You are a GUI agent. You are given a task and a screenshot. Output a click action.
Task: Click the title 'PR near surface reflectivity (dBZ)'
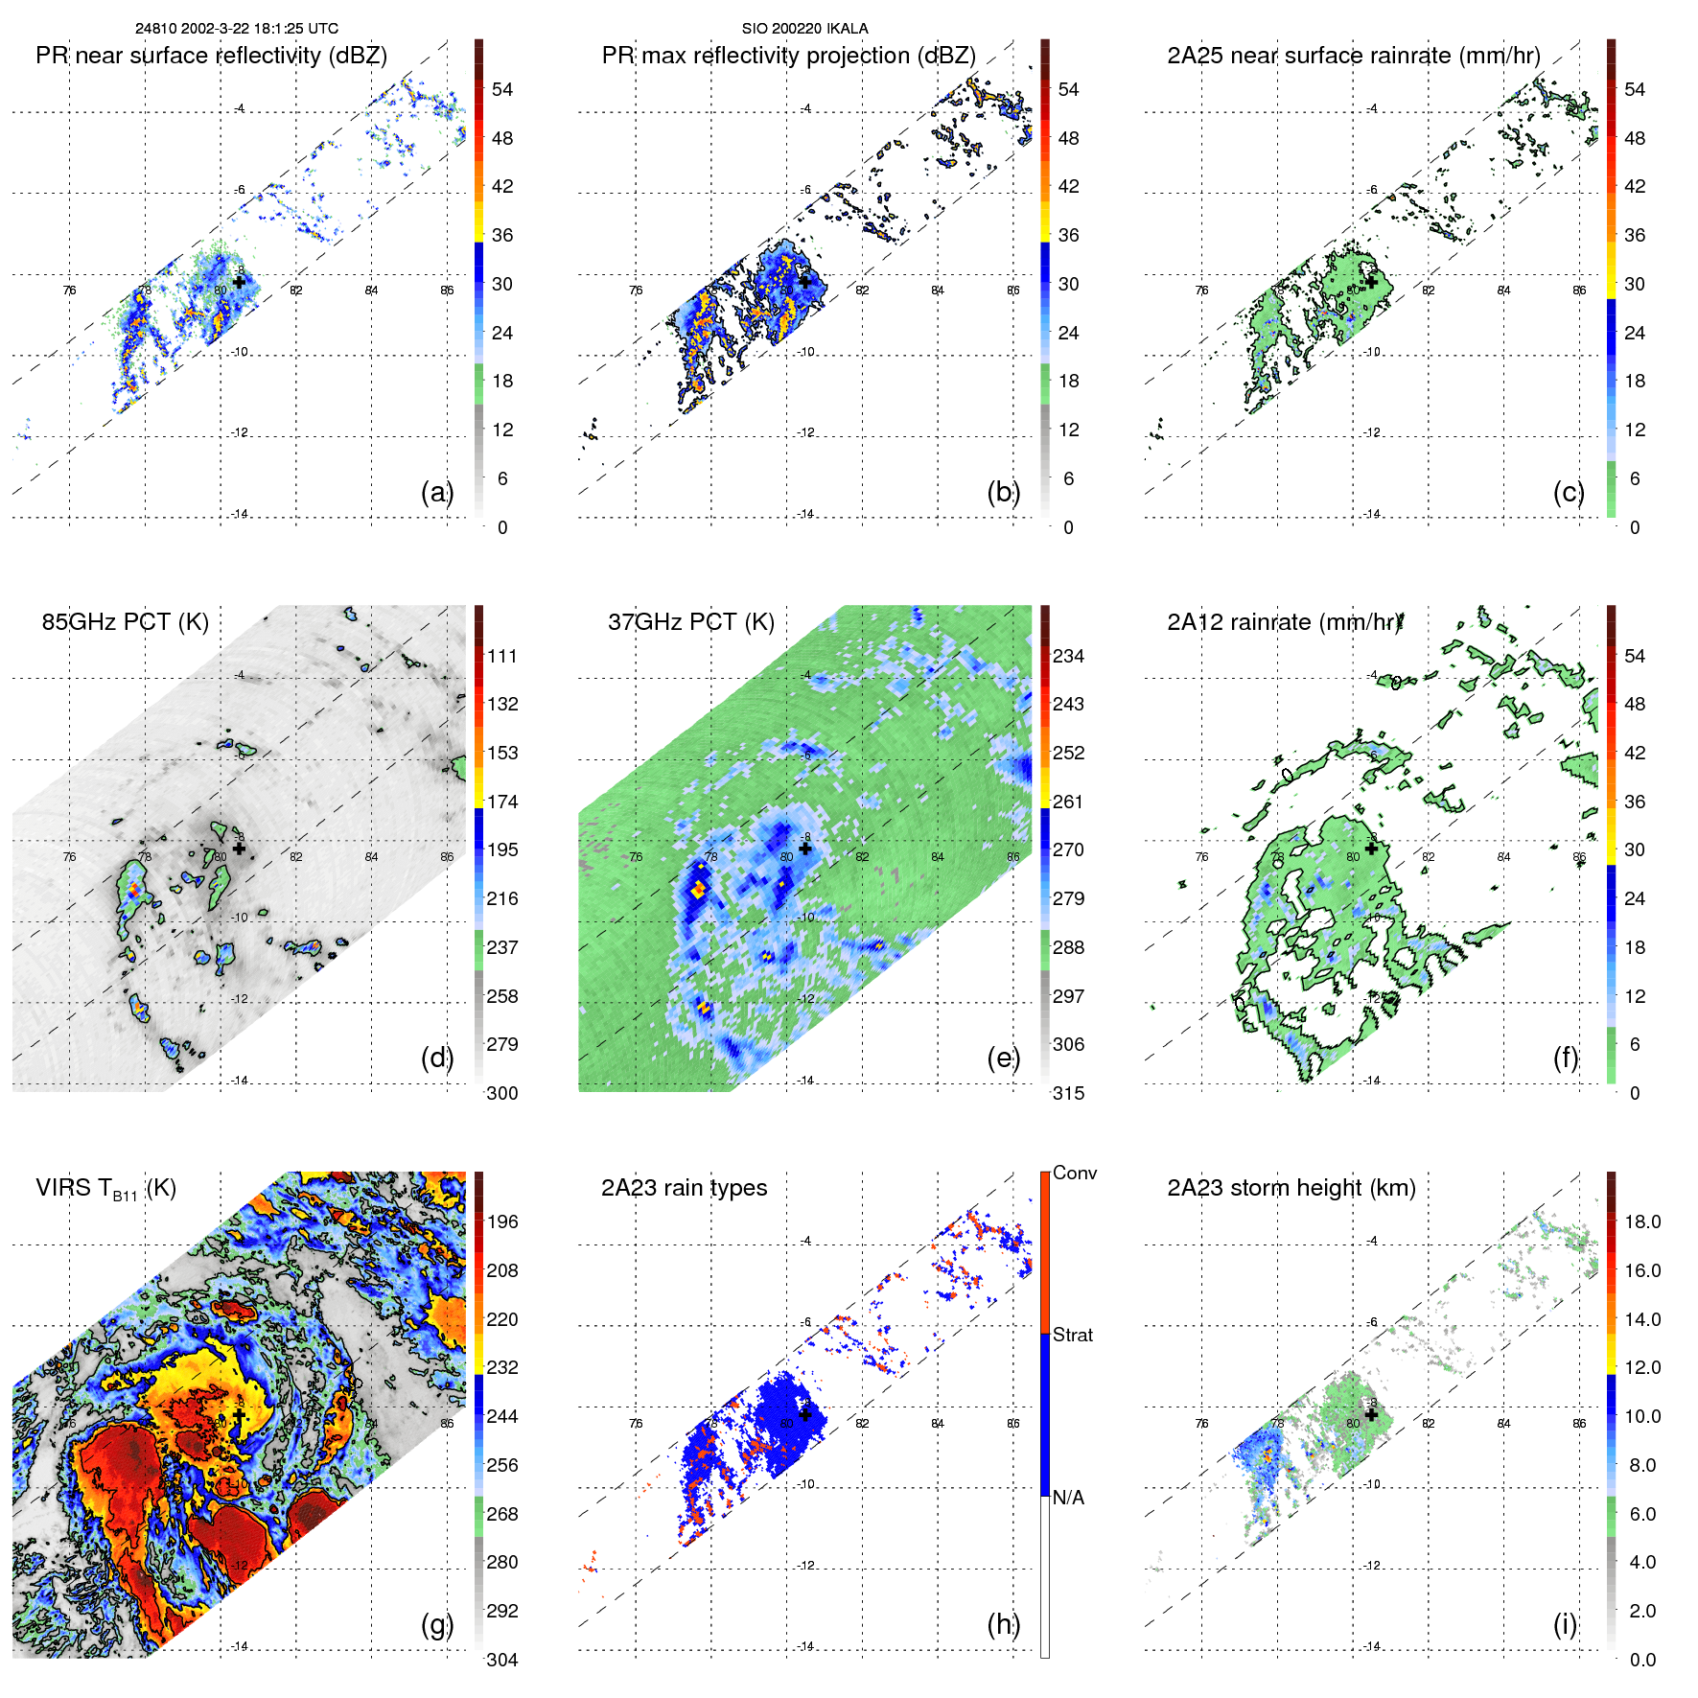(x=211, y=56)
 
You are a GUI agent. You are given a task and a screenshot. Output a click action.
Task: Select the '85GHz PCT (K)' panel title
(x=125, y=622)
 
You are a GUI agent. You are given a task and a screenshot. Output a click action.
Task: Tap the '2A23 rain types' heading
(x=684, y=1188)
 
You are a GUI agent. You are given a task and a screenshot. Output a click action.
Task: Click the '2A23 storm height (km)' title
(x=1291, y=1188)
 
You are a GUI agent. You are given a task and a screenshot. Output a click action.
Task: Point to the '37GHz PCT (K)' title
(x=690, y=622)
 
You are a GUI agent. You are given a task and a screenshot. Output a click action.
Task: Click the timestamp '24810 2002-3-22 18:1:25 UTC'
(x=236, y=29)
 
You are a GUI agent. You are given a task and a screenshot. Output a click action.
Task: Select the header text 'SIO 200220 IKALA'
(x=804, y=29)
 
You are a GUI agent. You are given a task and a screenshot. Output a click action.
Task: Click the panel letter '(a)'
(x=436, y=492)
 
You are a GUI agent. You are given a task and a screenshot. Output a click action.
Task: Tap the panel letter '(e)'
(x=1003, y=1058)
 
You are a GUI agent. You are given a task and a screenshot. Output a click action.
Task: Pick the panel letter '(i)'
(x=1565, y=1624)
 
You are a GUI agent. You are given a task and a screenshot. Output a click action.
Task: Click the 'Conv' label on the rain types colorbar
(x=1075, y=1173)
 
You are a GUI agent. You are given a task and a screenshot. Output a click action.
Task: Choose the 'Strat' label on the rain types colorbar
(x=1072, y=1335)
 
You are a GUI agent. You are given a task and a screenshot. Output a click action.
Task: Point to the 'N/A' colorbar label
(x=1068, y=1498)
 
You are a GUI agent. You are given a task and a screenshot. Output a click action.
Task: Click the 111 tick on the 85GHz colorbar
(x=502, y=656)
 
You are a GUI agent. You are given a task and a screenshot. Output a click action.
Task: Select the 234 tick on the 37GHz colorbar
(x=1068, y=656)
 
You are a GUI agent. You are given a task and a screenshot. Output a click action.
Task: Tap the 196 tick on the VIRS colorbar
(x=502, y=1221)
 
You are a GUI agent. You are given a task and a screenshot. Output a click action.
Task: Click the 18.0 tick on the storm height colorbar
(x=1642, y=1221)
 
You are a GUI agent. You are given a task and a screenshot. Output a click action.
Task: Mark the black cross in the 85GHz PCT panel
(x=239, y=849)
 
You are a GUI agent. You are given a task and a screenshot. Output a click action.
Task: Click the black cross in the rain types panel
(x=805, y=1414)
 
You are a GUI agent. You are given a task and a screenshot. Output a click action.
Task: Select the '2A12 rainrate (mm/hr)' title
(x=1285, y=622)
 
